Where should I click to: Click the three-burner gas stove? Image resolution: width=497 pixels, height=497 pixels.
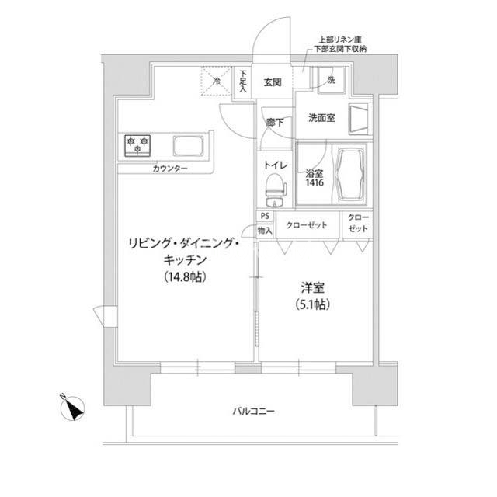(137, 145)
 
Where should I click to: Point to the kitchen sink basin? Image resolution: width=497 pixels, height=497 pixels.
(188, 146)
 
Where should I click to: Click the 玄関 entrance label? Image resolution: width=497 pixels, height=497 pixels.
(273, 82)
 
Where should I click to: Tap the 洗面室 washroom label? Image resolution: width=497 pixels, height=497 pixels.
(321, 118)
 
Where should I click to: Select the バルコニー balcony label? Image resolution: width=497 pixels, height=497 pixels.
(254, 412)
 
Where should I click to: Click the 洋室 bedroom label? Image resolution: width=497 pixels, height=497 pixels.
(312, 288)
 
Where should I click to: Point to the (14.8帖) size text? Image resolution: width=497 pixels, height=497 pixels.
(186, 276)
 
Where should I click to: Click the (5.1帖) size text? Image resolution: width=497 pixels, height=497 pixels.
(312, 304)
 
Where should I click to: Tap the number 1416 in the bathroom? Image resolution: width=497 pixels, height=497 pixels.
(315, 182)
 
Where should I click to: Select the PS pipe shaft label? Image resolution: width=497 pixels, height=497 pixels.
(265, 216)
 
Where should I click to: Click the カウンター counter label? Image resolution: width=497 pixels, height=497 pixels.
(170, 168)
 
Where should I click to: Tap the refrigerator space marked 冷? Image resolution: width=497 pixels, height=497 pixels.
(217, 81)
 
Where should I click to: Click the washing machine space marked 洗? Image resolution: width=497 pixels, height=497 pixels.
(332, 80)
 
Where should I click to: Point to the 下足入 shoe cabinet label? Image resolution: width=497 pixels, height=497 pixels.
(243, 81)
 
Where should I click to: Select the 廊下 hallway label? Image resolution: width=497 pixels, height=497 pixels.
(275, 122)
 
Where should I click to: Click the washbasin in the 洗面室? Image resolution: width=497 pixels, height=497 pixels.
(360, 119)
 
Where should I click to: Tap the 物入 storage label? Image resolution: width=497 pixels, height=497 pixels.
(265, 231)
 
